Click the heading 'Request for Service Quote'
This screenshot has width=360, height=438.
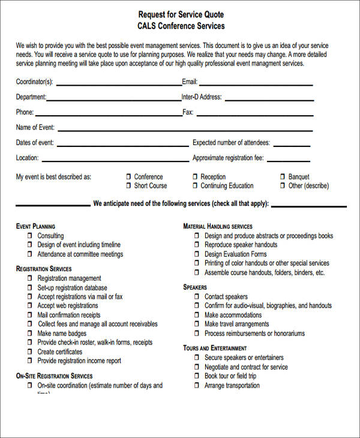(181, 14)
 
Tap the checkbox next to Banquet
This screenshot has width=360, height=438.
(283, 177)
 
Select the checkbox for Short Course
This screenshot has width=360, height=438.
(128, 186)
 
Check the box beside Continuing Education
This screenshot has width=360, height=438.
(194, 186)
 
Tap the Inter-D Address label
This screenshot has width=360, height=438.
(202, 97)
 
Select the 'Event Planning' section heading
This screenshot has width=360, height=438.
(35, 226)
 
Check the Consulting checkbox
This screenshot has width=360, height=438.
(29, 236)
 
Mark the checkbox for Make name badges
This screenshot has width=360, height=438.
(29, 334)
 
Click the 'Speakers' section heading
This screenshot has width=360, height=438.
(195, 287)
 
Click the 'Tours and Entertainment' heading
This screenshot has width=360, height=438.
(215, 348)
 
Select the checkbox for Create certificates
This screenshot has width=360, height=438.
(29, 352)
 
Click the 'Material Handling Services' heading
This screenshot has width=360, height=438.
(218, 226)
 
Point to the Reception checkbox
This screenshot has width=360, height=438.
(194, 177)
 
